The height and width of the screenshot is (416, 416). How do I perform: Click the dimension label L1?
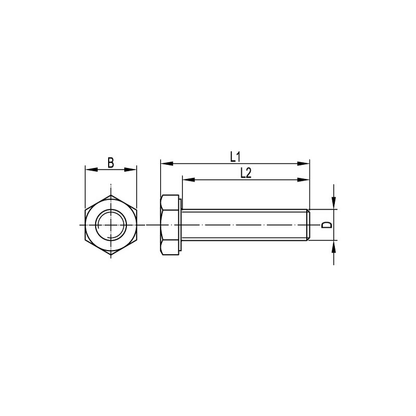pos(235,157)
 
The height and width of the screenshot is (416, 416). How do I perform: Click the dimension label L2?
pos(245,173)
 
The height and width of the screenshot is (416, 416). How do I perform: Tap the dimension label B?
pos(111,163)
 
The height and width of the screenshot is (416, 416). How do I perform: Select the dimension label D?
pos(327,225)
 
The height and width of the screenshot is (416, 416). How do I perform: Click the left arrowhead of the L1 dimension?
pos(167,163)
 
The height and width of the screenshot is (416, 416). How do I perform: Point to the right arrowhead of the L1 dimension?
pos(303,163)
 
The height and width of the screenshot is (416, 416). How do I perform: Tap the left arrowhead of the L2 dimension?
pos(189,180)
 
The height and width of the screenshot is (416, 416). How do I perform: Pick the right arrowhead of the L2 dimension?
pos(303,180)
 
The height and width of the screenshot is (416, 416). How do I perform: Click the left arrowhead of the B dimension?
pos(92,170)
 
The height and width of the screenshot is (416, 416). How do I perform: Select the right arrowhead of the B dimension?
pos(131,170)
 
